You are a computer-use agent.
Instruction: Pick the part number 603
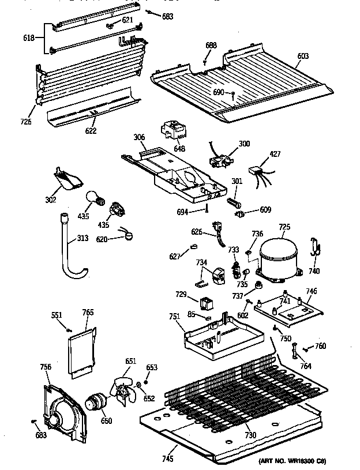[302, 56]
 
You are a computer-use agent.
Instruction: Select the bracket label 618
[28, 38]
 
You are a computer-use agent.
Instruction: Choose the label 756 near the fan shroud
[44, 366]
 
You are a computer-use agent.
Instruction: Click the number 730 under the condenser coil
[250, 435]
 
